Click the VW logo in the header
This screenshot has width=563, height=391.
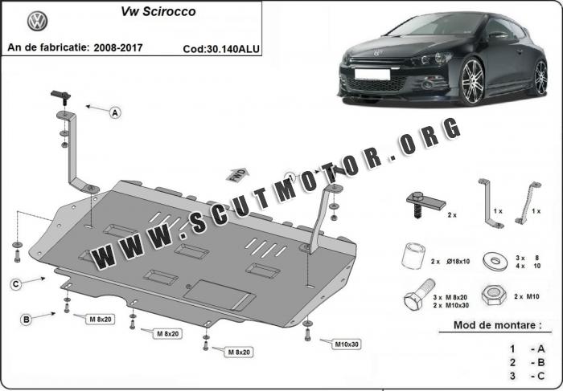coord(37,21)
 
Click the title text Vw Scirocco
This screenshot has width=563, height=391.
coord(158,11)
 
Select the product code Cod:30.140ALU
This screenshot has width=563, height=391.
coord(221,49)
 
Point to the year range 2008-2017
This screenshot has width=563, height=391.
coord(118,47)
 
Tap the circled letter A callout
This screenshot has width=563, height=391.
coord(115,113)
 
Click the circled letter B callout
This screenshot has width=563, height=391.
coord(27,320)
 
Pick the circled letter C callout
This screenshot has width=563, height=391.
coord(16,284)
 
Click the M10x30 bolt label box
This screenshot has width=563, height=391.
coord(347,344)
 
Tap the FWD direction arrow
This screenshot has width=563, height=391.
coord(237,175)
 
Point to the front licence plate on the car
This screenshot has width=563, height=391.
coord(372,74)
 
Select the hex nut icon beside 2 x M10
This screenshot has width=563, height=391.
coord(494,295)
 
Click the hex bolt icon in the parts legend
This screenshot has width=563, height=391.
coord(419,295)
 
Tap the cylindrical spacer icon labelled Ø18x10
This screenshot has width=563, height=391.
coord(413,256)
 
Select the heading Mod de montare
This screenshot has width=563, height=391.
coord(498,325)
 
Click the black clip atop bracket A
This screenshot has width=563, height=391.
coord(60,97)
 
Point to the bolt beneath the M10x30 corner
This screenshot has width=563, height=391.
coord(307,334)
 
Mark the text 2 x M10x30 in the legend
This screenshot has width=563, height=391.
coord(450,305)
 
